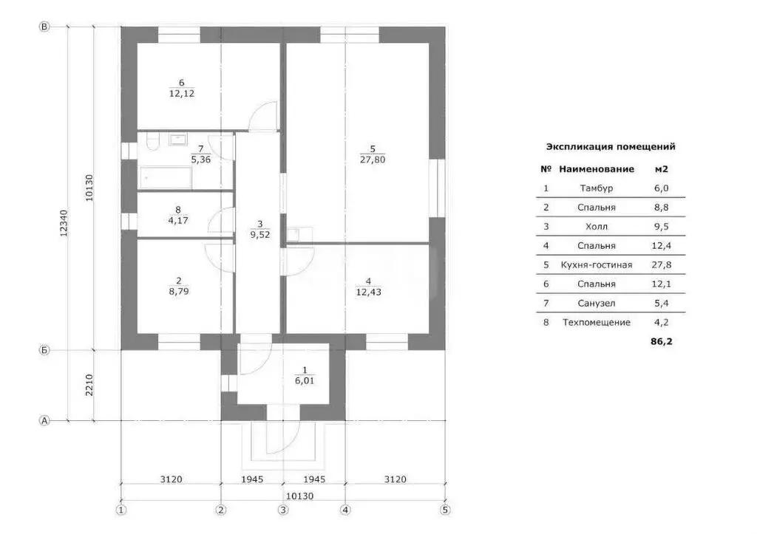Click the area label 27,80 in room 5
[x=373, y=160]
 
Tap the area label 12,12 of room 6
[x=182, y=94]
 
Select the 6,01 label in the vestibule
[x=305, y=380]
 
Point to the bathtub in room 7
[x=166, y=178]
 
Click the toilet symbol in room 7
[x=152, y=143]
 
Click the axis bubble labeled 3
[x=283, y=510]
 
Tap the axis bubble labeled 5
[x=445, y=510]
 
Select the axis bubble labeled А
[x=44, y=421]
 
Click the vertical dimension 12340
[x=64, y=223]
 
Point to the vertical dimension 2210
[x=89, y=386]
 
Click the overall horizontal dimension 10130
[x=299, y=496]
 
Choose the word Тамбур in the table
[x=597, y=188]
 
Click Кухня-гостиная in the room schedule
[x=597, y=265]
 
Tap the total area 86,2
[x=662, y=341]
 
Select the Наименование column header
[x=597, y=169]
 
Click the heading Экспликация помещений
[x=611, y=147]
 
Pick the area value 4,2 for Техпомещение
[x=662, y=322]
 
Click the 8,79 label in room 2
[x=179, y=291]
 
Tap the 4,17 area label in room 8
[x=178, y=220]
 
